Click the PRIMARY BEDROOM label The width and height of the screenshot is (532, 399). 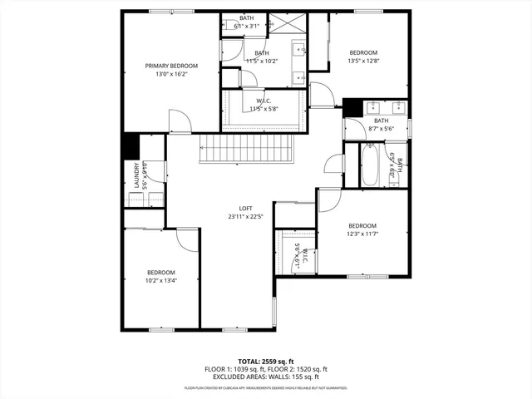(x=172, y=66)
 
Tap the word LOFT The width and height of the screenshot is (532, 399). (x=245, y=208)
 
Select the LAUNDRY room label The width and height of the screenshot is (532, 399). (x=135, y=176)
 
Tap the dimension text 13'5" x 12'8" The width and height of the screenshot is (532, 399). (x=363, y=61)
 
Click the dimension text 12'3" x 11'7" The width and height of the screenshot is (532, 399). (x=362, y=234)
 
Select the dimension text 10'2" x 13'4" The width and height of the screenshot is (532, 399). (x=161, y=280)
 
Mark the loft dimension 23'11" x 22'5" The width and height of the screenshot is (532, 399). (x=245, y=216)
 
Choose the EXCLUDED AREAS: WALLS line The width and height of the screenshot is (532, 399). (x=266, y=377)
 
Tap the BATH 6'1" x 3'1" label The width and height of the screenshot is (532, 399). (x=247, y=22)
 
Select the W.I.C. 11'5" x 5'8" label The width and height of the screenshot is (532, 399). (x=262, y=105)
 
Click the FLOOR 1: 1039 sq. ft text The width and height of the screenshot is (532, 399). (x=233, y=369)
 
